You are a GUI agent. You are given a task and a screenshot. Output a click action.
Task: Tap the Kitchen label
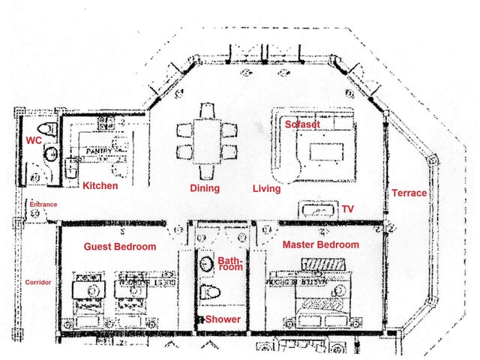click(100, 186)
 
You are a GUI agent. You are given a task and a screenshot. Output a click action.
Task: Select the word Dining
click(205, 189)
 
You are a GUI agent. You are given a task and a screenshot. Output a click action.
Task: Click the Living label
click(266, 189)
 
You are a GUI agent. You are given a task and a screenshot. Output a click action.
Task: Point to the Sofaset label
click(302, 125)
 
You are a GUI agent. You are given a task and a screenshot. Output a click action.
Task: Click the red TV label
click(347, 209)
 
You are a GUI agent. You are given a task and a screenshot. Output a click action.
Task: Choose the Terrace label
click(409, 193)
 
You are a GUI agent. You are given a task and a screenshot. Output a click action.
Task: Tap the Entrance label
click(43, 204)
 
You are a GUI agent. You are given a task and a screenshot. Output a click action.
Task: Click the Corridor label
click(38, 282)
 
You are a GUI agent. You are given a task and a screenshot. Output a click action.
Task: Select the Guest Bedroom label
click(120, 247)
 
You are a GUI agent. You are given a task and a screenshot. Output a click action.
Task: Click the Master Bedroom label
click(320, 244)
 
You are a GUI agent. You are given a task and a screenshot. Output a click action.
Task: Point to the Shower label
click(223, 319)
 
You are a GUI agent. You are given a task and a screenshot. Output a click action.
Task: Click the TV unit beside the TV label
click(319, 209)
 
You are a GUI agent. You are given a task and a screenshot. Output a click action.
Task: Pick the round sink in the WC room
click(51, 154)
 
